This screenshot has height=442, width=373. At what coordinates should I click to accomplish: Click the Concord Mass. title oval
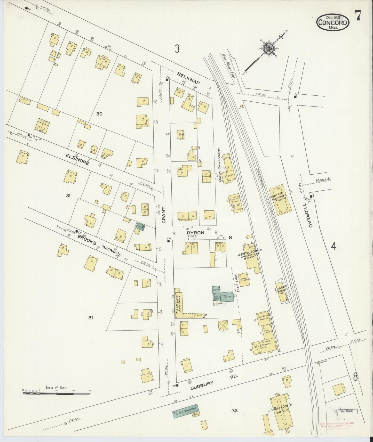[x=333, y=22]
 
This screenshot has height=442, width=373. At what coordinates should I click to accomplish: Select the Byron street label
[x=197, y=232]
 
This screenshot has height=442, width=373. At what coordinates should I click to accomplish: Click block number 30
[x=99, y=113]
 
